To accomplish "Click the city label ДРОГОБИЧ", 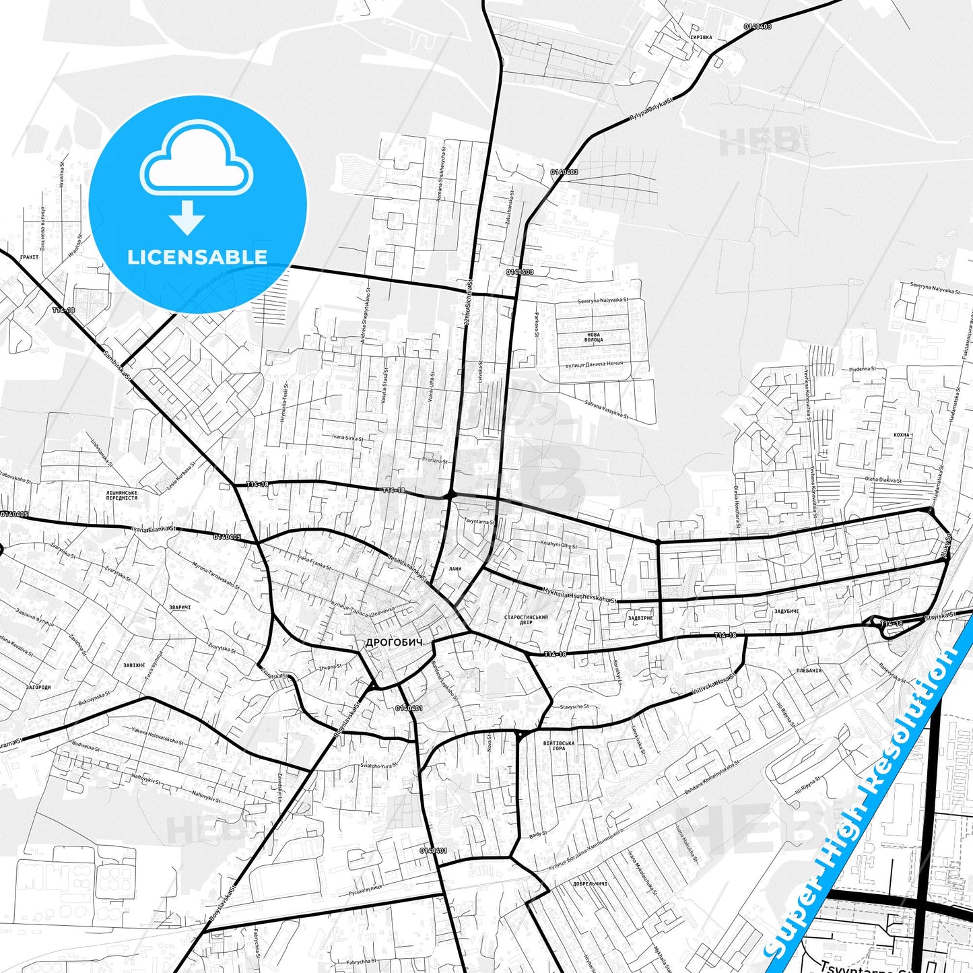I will click(394, 642).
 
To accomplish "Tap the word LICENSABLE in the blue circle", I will click(197, 257).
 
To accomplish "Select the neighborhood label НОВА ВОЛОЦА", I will click(593, 337).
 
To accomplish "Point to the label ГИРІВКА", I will click(700, 38).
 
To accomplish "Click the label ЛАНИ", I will click(455, 569).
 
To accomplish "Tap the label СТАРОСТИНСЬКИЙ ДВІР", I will click(526, 619).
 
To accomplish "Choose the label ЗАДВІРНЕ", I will click(640, 617).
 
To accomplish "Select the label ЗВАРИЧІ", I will click(180, 607).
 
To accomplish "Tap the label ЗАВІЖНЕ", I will click(134, 665).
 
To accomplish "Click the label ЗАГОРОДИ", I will click(38, 687).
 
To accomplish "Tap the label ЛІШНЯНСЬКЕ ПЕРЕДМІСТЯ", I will click(122, 495).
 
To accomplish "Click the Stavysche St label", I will click(574, 707).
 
